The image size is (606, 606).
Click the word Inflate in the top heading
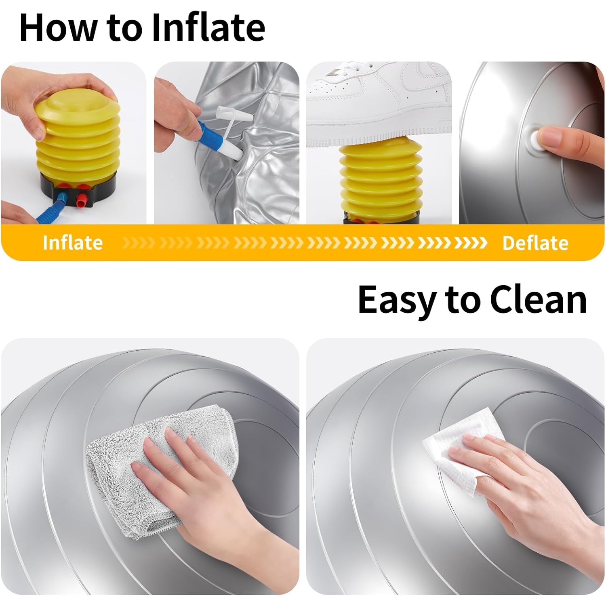click(x=208, y=27)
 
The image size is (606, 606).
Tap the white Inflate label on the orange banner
click(x=73, y=242)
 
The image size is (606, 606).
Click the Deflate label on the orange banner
click(x=535, y=243)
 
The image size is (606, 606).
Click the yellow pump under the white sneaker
click(x=381, y=180)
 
